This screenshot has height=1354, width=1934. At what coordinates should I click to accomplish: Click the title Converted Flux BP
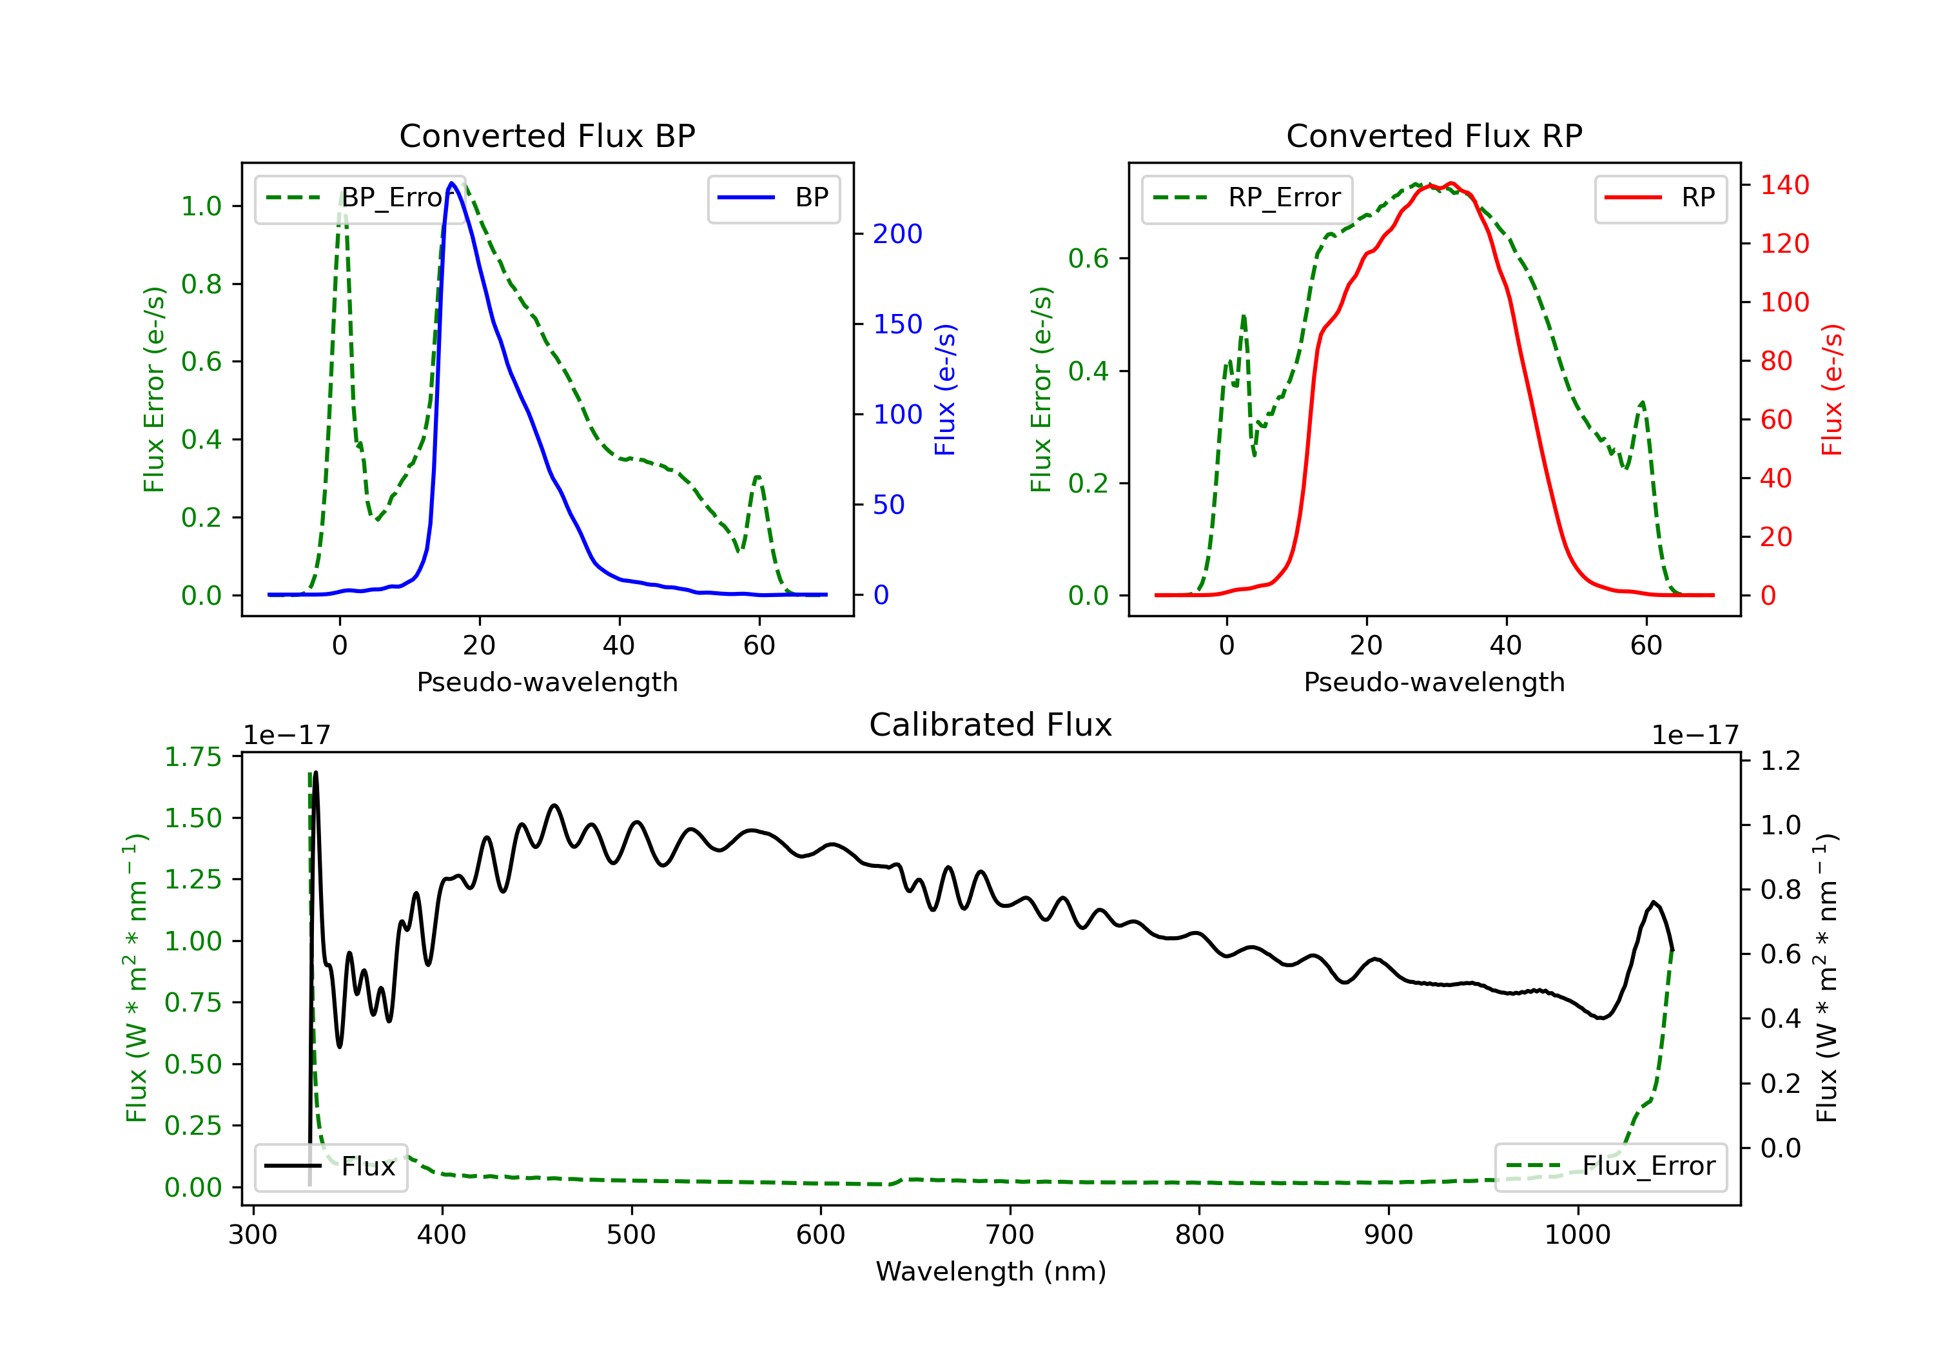coord(547,135)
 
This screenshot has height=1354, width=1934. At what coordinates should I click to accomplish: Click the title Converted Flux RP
coord(1434,135)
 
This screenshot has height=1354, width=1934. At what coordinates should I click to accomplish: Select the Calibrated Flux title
coord(991,725)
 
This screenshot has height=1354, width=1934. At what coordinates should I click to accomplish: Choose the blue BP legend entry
coord(773,198)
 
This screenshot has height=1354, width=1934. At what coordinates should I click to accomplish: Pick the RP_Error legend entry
coord(1247,198)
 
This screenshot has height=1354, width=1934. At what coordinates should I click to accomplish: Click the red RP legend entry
coord(1660,198)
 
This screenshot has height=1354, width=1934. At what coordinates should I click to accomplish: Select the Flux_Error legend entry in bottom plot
coord(1610,1166)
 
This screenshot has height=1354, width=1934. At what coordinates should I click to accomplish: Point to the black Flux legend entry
coord(330,1166)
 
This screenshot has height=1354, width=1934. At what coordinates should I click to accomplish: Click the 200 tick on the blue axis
coord(897,234)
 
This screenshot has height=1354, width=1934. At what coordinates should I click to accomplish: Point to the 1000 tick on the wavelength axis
coord(1577,1235)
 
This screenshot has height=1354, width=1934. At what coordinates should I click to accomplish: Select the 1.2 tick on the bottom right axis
coord(1780,760)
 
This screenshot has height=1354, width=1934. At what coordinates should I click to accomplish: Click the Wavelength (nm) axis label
coord(991,1271)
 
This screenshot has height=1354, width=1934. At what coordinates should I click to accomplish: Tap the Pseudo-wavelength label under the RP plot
coord(1434,682)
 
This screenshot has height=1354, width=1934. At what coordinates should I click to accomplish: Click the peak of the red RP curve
coord(1451,183)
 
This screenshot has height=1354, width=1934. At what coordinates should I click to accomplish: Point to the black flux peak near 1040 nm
coord(1654,903)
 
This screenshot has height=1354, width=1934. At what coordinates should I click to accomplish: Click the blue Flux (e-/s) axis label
coord(945,390)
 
